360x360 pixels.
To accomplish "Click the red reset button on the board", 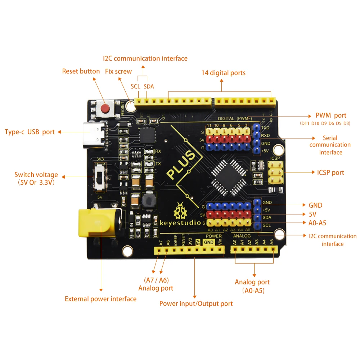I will tap(105, 108).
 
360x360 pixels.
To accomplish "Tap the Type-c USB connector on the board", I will tap(94, 135).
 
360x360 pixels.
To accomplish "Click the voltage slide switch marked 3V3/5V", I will tap(99, 177).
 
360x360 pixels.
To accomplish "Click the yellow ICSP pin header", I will tap(275, 172).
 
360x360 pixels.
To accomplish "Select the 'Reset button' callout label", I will tap(81, 71).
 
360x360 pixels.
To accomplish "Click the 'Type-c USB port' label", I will tap(30, 132).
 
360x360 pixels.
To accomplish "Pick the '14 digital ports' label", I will tap(223, 73).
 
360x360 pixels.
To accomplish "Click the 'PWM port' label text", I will tap(330, 116).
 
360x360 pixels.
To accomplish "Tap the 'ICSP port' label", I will tap(330, 172).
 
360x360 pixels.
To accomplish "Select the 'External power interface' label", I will tap(100, 299).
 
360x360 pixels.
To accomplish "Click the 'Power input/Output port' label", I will tap(196, 303).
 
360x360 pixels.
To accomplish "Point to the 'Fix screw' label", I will tap(118, 71).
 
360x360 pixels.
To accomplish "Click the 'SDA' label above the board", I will tap(149, 86).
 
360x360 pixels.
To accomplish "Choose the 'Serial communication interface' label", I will tap(330, 145).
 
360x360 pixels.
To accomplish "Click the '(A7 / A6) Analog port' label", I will tap(156, 284).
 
